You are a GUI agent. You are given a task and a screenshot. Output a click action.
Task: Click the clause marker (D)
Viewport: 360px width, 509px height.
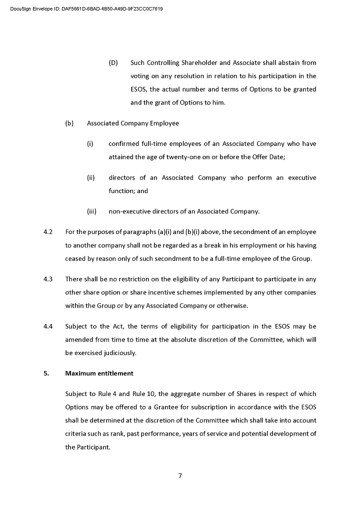(x=113, y=63)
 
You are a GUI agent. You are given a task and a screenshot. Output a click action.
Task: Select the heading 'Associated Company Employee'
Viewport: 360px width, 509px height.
(x=132, y=123)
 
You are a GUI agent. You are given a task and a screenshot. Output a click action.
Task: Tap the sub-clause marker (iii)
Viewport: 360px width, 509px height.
(x=91, y=211)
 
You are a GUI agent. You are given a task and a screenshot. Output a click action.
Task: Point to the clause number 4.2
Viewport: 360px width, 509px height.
(x=48, y=232)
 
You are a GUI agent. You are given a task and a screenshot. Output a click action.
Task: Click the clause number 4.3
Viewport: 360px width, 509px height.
(x=48, y=279)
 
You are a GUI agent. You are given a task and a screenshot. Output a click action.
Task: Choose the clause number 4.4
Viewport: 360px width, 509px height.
(x=48, y=326)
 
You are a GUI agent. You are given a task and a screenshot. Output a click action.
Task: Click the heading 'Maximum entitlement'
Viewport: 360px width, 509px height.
(x=99, y=373)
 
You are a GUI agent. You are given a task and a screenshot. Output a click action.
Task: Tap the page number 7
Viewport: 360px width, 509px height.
(x=180, y=475)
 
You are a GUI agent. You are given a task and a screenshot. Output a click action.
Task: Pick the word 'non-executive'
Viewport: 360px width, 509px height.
(x=128, y=211)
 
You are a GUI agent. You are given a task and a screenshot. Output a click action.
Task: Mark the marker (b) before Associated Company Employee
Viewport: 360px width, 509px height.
(x=69, y=123)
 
